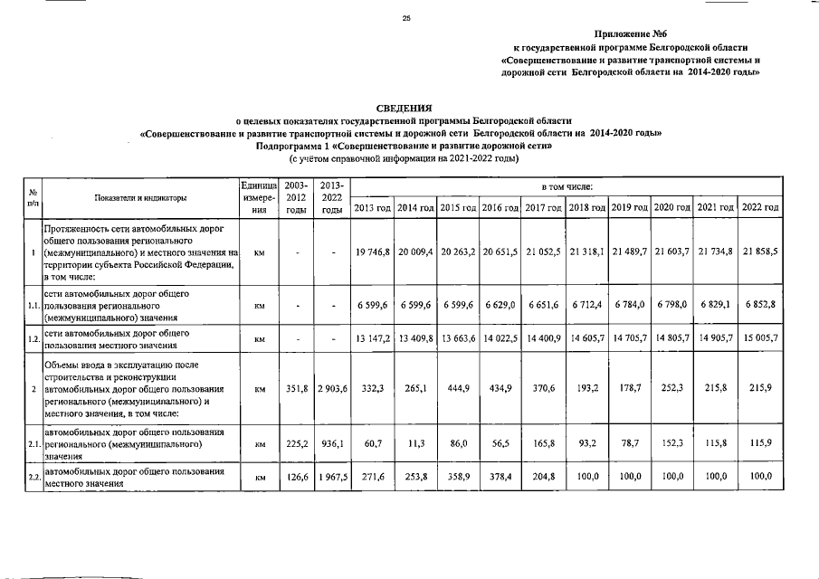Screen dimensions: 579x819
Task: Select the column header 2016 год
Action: coord(500,207)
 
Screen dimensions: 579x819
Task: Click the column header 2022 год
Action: coord(760,207)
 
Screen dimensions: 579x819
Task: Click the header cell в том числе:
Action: coord(567,185)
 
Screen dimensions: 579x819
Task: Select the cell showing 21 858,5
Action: coord(760,252)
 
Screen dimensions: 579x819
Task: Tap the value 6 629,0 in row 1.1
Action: coord(500,307)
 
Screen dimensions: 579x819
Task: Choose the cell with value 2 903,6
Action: coord(332,389)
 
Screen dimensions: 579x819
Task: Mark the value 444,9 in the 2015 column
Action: coord(457,389)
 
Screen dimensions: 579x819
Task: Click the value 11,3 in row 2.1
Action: coord(414,444)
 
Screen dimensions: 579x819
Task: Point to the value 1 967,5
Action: coord(332,476)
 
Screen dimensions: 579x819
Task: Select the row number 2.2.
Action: coord(33,477)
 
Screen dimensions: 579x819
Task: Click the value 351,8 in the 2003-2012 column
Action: coord(294,389)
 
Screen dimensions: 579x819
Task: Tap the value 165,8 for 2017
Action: coord(544,444)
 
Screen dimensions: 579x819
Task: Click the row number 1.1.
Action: coord(33,307)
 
